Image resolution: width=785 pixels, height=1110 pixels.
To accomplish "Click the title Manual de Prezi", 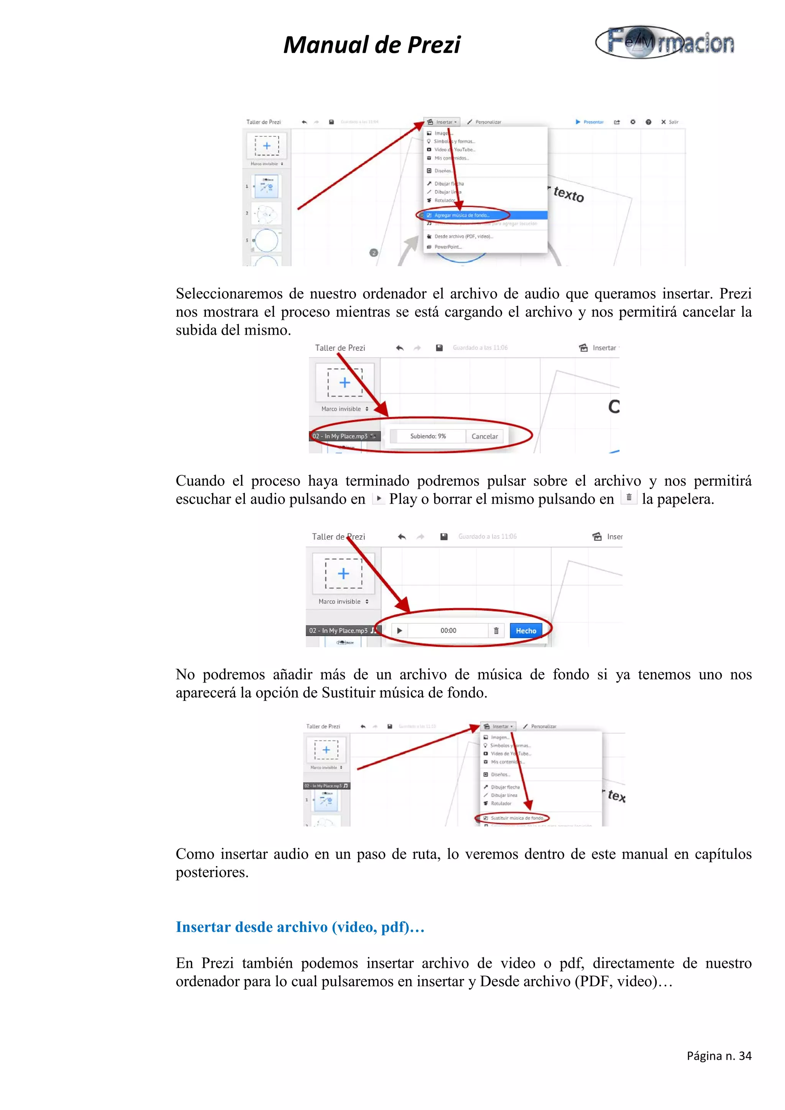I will [371, 45].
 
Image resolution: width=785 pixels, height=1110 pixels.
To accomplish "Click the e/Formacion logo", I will [665, 43].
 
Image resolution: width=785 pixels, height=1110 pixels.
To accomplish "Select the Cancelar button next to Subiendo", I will [484, 436].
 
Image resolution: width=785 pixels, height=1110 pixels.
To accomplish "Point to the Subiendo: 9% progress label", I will [427, 436].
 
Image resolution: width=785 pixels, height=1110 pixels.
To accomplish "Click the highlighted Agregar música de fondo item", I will [462, 215].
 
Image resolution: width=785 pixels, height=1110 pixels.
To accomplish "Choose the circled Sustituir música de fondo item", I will [517, 818].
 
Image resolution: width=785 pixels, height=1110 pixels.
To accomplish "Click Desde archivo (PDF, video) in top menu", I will [463, 236].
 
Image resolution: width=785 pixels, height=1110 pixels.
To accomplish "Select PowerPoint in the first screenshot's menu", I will [448, 247].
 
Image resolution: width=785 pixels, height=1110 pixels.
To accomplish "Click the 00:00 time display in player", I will [448, 630].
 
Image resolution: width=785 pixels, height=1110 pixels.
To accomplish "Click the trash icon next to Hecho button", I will [496, 630].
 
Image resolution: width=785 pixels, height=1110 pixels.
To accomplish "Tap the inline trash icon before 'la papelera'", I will [628, 498].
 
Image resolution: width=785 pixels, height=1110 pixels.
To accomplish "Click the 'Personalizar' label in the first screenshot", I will [488, 122].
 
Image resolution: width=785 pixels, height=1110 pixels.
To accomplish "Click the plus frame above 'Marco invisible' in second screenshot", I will [344, 382].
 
